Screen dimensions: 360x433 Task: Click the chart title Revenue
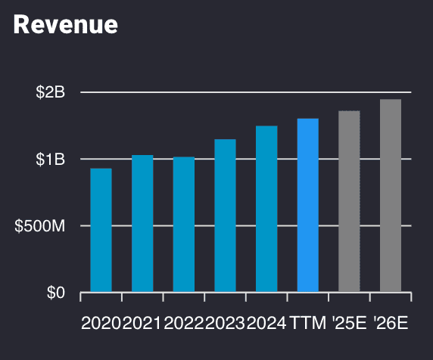click(x=66, y=24)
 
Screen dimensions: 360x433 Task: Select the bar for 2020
click(x=101, y=230)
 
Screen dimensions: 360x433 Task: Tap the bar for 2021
click(x=142, y=223)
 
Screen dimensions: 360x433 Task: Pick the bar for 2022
click(x=184, y=224)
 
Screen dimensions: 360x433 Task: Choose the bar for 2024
click(x=266, y=209)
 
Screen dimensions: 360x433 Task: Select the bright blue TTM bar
click(x=307, y=205)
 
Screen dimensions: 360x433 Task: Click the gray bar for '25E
click(x=349, y=201)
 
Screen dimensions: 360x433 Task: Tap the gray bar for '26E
click(x=391, y=195)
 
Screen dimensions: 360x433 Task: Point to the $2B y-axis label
click(x=51, y=92)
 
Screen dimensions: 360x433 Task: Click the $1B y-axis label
click(x=51, y=159)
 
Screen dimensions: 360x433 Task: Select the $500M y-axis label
click(x=40, y=226)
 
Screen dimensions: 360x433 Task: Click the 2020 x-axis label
click(x=101, y=324)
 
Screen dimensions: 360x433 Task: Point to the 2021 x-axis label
click(x=142, y=324)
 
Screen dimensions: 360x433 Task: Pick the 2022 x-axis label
click(x=184, y=324)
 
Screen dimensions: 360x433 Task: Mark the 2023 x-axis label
click(x=225, y=324)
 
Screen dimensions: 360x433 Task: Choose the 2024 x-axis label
click(x=266, y=324)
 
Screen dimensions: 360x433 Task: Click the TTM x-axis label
click(x=307, y=324)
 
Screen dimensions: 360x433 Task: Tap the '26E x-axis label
click(x=391, y=324)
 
